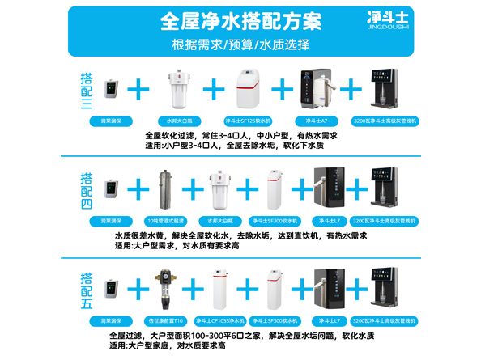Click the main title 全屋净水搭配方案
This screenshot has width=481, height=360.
click(240, 19)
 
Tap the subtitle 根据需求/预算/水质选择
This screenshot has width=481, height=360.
click(241, 44)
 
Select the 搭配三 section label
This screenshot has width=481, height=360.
click(87, 91)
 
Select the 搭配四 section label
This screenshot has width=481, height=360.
click(87, 189)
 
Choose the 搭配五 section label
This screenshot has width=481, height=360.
click(87, 291)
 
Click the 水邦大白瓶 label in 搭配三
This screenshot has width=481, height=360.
click(179, 121)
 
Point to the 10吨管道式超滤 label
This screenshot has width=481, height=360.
click(164, 220)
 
